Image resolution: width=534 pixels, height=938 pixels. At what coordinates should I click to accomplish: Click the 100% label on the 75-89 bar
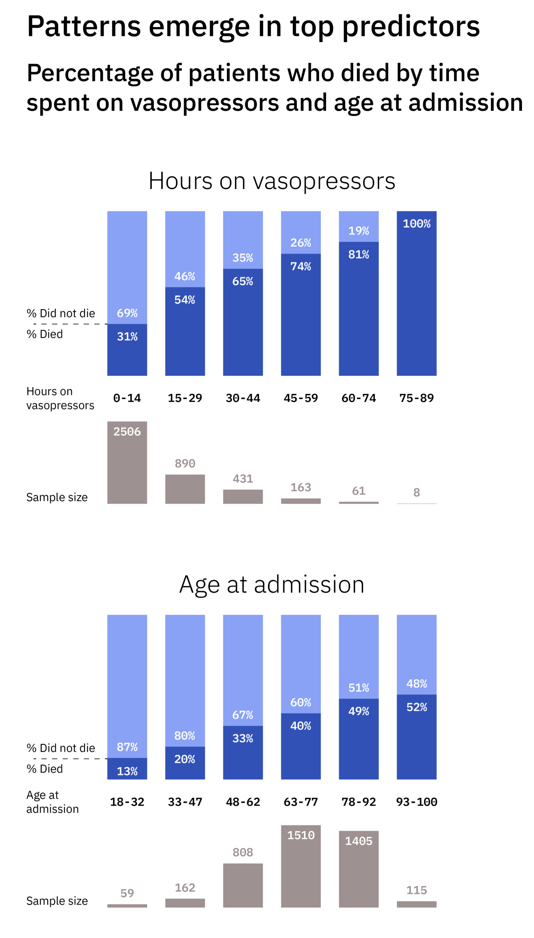[x=417, y=223]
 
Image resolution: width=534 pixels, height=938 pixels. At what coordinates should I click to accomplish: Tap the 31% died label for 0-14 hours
[x=127, y=336]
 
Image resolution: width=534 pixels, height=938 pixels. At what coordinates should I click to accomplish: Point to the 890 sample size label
[x=185, y=463]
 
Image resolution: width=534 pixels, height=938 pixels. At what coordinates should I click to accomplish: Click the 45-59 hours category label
[x=301, y=398]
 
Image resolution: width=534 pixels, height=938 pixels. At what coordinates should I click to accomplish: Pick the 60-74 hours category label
[x=359, y=398]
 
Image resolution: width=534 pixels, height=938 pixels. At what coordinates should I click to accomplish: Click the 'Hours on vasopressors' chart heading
[x=271, y=181]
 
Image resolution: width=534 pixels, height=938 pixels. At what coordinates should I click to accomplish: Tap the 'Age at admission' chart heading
[x=271, y=584]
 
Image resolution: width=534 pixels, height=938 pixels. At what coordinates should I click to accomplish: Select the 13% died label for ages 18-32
[x=127, y=771]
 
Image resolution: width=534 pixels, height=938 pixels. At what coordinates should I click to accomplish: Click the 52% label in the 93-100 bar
[x=417, y=707]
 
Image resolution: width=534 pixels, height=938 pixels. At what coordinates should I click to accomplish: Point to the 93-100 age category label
[x=417, y=802]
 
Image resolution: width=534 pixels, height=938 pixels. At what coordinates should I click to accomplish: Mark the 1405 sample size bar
[x=359, y=872]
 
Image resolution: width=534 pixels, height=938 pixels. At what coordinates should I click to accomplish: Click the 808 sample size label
[x=243, y=852]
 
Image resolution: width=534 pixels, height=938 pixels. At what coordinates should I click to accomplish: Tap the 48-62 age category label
[x=243, y=802]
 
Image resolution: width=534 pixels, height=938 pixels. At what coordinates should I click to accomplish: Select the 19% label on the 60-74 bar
[x=359, y=230]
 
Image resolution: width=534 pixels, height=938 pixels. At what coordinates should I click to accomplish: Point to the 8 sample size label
[x=417, y=492]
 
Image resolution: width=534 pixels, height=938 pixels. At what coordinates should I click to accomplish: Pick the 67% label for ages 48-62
[x=243, y=715]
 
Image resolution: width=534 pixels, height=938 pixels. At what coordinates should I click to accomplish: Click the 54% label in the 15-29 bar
[x=185, y=299]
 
